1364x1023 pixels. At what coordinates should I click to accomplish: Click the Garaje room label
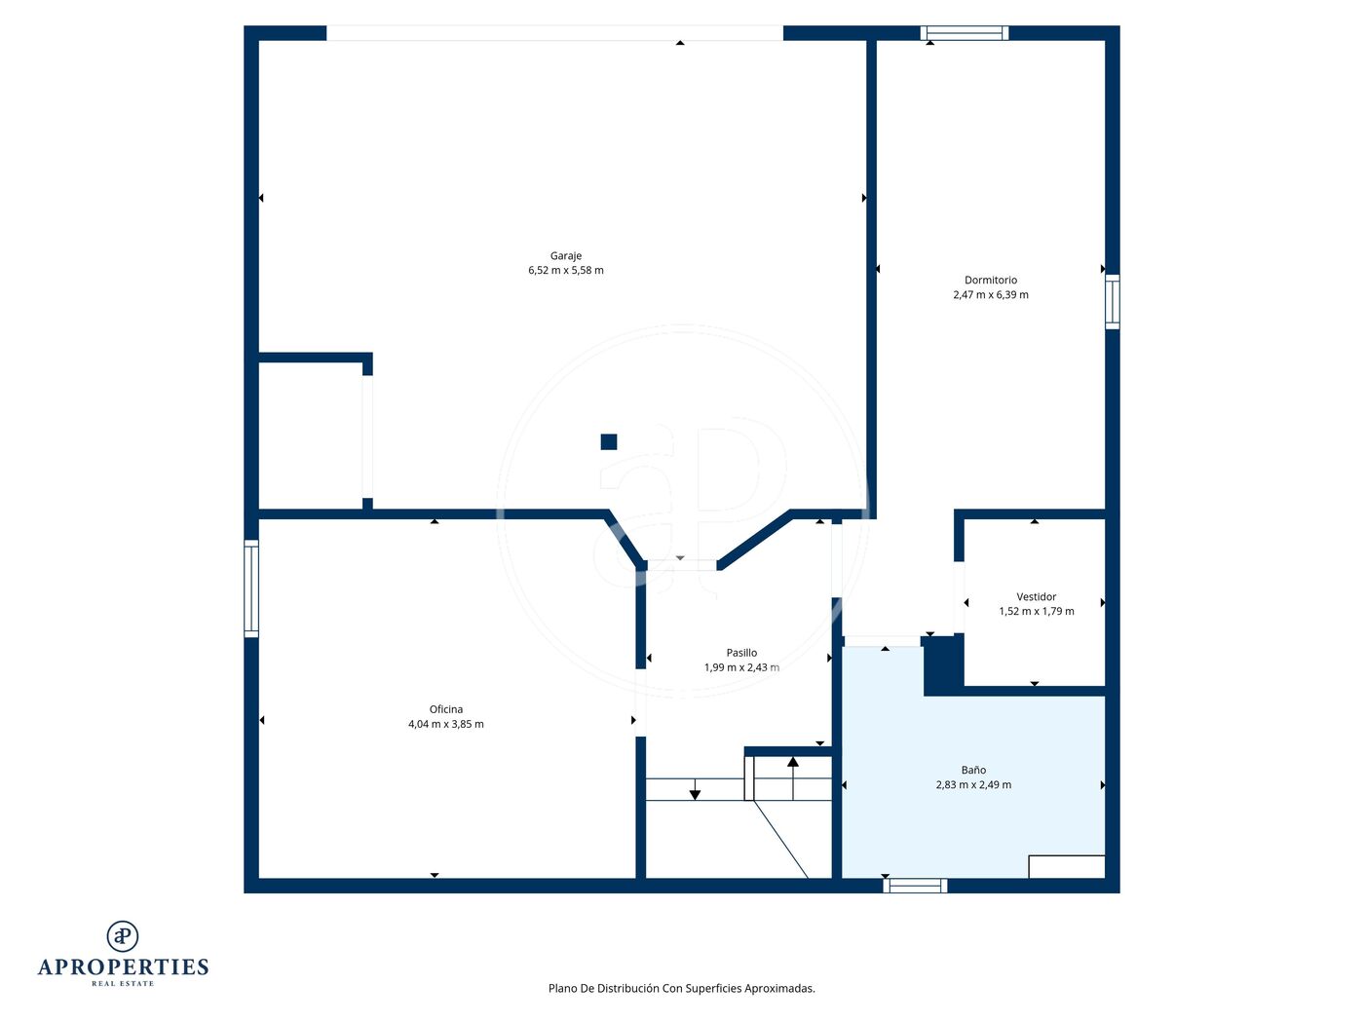click(x=565, y=256)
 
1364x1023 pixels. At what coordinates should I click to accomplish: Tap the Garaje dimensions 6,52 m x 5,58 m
click(x=565, y=270)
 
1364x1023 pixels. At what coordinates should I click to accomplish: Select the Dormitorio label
click(x=991, y=281)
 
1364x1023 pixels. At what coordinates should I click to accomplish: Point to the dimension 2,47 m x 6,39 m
click(x=991, y=295)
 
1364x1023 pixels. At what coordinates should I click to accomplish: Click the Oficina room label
click(x=445, y=709)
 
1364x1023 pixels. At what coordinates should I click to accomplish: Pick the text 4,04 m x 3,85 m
click(x=445, y=724)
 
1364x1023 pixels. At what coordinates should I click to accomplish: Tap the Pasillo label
click(x=741, y=653)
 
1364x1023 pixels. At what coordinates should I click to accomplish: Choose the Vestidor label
click(x=1036, y=597)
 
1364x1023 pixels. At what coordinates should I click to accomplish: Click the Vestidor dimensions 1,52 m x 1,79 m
click(x=1036, y=611)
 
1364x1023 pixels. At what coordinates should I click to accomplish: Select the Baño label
click(x=973, y=771)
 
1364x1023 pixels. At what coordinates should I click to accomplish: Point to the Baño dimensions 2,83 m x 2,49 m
click(x=973, y=785)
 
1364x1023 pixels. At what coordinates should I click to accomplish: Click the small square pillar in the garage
click(x=608, y=441)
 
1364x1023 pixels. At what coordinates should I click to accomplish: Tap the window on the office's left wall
click(x=251, y=588)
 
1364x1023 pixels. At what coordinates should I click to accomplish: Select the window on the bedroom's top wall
click(x=964, y=33)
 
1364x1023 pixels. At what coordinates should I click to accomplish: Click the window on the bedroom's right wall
click(x=1113, y=302)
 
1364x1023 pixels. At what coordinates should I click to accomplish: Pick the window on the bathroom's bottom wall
click(x=915, y=885)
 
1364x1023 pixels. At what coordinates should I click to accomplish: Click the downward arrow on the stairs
click(x=695, y=789)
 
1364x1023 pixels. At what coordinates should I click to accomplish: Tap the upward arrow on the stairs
click(x=792, y=777)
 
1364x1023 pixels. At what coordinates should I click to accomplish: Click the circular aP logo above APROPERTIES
click(x=123, y=936)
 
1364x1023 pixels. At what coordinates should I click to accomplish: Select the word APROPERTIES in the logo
click(x=123, y=967)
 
